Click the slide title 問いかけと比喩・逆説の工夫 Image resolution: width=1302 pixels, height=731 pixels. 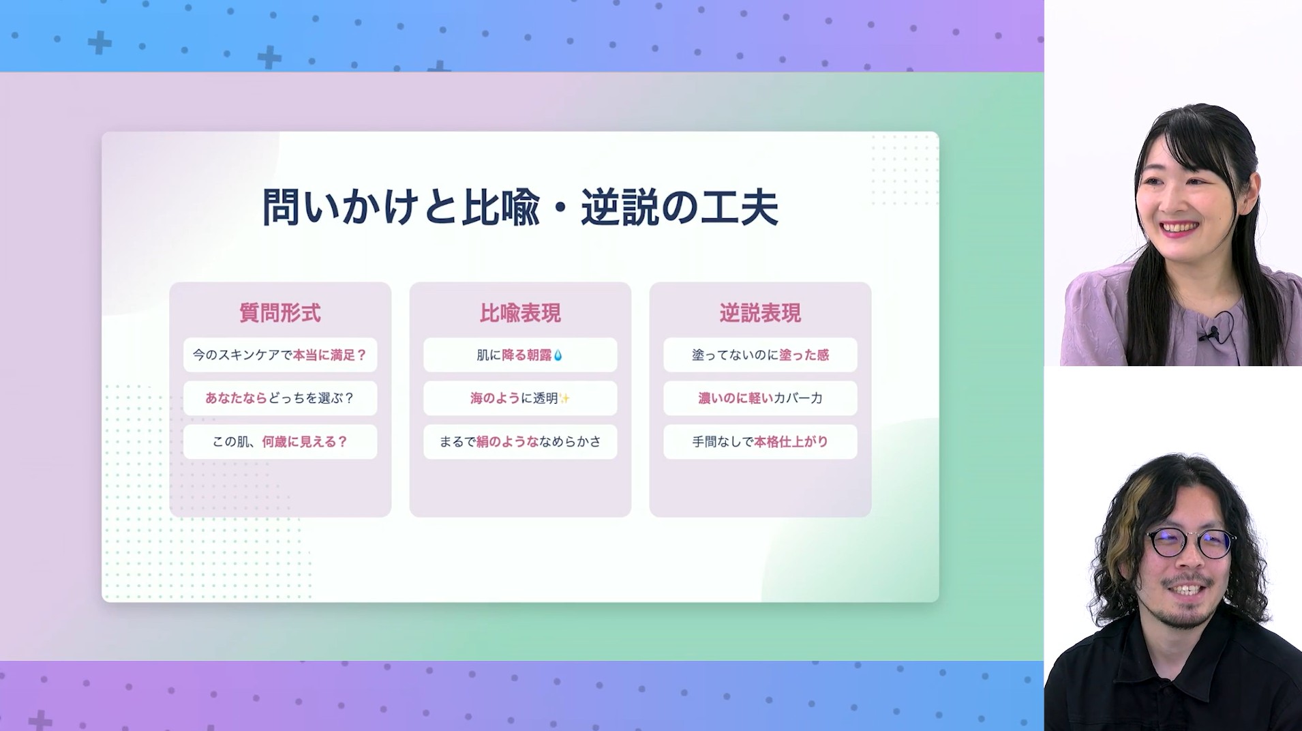(x=520, y=207)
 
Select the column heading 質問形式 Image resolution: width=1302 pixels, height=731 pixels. (x=280, y=313)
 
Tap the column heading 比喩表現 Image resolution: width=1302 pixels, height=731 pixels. (x=520, y=313)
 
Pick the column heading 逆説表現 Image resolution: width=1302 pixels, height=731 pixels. (x=760, y=313)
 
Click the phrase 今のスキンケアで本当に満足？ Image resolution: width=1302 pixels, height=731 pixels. (x=280, y=355)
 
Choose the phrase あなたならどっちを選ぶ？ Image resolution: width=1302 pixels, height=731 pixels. (x=280, y=398)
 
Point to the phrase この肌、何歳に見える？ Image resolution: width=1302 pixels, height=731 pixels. (x=280, y=442)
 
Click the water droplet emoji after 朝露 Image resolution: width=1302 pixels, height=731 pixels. (x=558, y=355)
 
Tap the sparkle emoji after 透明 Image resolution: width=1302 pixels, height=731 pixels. (x=564, y=398)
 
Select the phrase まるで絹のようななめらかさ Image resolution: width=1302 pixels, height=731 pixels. (x=520, y=442)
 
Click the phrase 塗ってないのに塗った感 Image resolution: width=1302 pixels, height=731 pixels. (x=760, y=355)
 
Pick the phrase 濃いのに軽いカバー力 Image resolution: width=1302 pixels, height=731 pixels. (x=760, y=398)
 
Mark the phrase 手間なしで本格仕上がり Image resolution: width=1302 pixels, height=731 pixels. (x=760, y=442)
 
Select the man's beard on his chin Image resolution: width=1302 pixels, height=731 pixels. (x=1190, y=614)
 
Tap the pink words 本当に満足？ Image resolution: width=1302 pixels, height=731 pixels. (x=330, y=355)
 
